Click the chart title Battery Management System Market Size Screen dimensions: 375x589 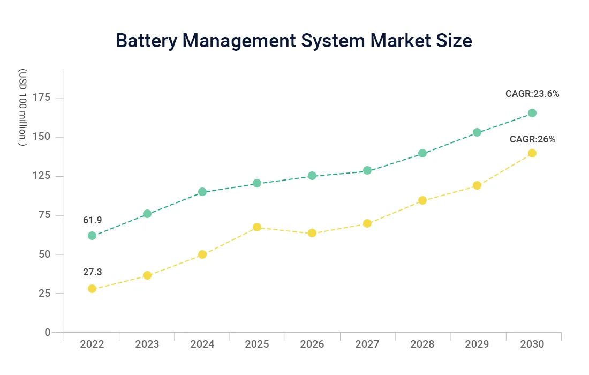pyautogui.click(x=294, y=41)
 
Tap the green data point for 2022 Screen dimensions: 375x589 pyautogui.click(x=92, y=236)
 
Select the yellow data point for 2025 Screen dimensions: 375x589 pyautogui.click(x=257, y=227)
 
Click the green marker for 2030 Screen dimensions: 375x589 pyautogui.click(x=532, y=113)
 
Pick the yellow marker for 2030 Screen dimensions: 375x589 pyautogui.click(x=532, y=153)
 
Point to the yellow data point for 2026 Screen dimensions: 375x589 pyautogui.click(x=312, y=233)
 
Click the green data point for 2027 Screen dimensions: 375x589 pyautogui.click(x=367, y=170)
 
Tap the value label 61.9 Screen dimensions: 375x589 pyautogui.click(x=92, y=220)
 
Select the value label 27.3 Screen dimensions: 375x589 pyautogui.click(x=92, y=272)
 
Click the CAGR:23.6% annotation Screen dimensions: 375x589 pyautogui.click(x=532, y=94)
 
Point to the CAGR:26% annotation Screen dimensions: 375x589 pyautogui.click(x=532, y=139)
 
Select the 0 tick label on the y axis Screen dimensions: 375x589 pyautogui.click(x=47, y=333)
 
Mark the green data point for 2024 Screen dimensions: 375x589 pyautogui.click(x=202, y=192)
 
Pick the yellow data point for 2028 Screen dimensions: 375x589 pyautogui.click(x=422, y=200)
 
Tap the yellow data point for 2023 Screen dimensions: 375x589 pyautogui.click(x=147, y=275)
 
